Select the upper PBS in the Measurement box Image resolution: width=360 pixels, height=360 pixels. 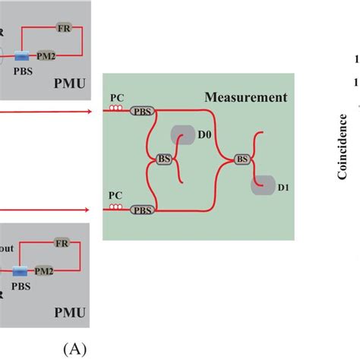pyautogui.click(x=141, y=112)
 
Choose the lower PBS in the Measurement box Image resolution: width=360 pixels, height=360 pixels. pyautogui.click(x=141, y=210)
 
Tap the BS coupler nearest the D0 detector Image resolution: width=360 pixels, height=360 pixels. pyautogui.click(x=163, y=159)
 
